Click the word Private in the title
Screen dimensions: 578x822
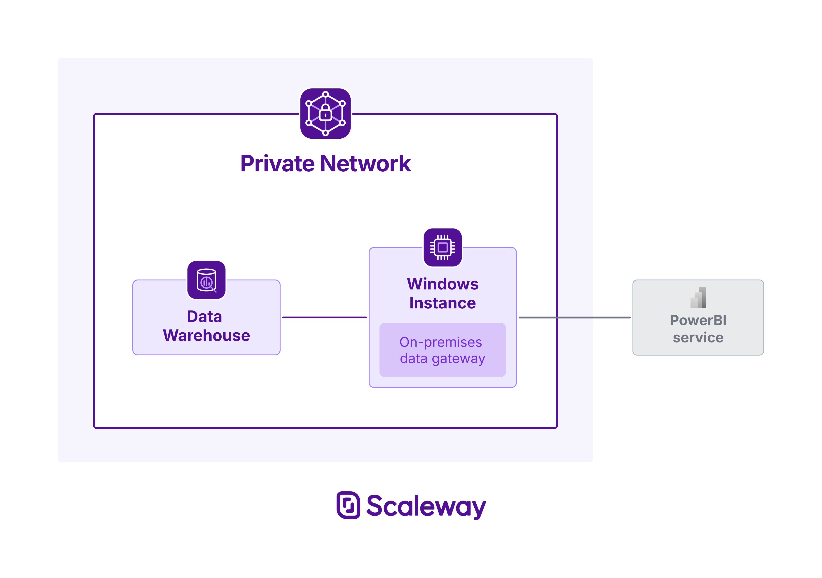pyautogui.click(x=277, y=164)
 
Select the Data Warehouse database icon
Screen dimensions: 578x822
pyautogui.click(x=206, y=280)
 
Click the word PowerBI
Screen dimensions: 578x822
pyautogui.click(x=698, y=320)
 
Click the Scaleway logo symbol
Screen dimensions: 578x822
pyautogui.click(x=348, y=505)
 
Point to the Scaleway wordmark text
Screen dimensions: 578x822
pyautogui.click(x=426, y=506)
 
